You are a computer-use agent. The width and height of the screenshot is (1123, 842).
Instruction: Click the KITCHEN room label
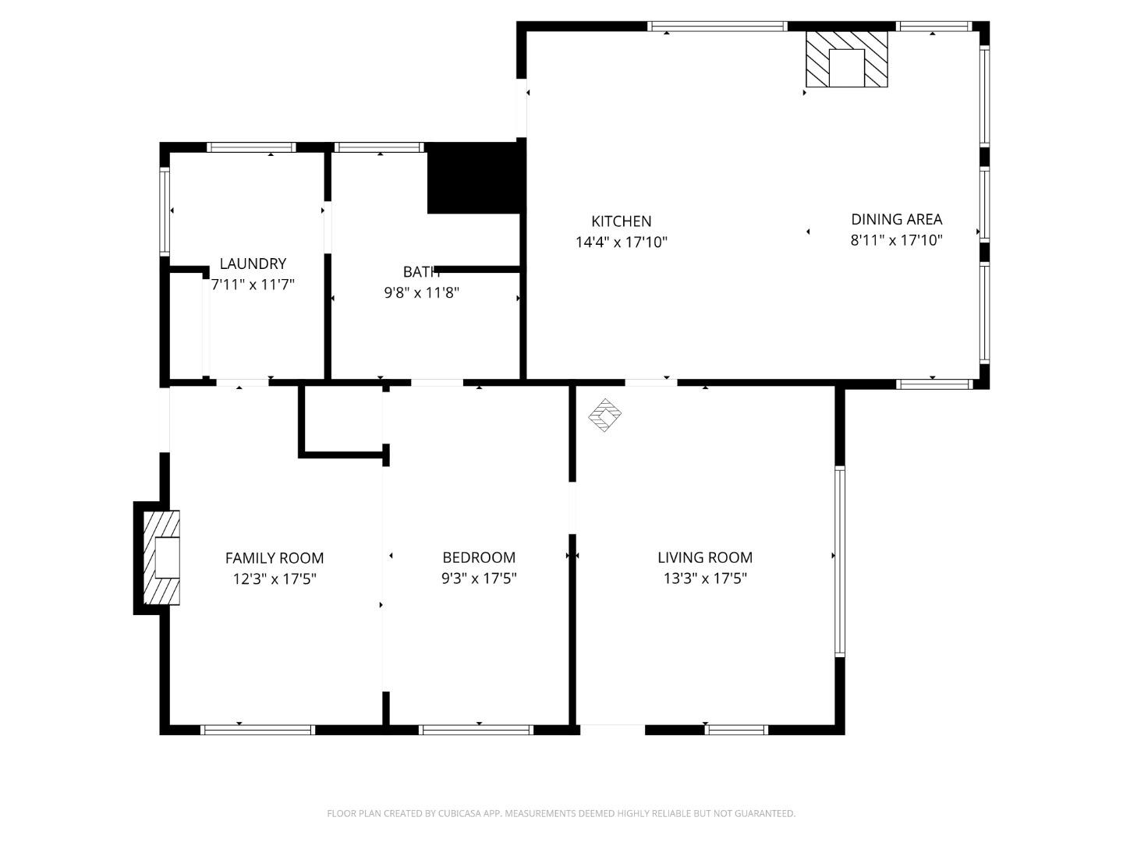point(621,221)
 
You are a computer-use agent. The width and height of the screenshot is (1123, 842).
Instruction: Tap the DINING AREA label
point(896,219)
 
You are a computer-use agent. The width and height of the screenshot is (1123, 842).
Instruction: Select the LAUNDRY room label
point(253,264)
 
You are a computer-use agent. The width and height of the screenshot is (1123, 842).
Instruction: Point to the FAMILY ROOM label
point(275,557)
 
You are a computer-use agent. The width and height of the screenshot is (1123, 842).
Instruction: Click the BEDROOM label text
point(479,557)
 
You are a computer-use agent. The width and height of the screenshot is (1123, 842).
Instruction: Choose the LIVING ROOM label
point(705,557)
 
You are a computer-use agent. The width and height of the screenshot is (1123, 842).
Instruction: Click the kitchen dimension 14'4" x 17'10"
point(621,242)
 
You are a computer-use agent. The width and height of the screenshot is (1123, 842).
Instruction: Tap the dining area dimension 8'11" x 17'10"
point(896,240)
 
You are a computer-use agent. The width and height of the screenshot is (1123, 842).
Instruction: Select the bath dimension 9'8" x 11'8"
point(421,293)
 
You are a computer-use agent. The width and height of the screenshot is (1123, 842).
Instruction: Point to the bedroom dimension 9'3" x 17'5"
point(479,578)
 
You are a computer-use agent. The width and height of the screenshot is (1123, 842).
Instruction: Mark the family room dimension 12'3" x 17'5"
point(275,578)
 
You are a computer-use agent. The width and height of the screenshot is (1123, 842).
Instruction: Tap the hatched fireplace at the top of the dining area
point(846,59)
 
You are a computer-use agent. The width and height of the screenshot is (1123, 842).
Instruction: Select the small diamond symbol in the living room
point(604,415)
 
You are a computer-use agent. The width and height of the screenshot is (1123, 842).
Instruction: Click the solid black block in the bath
point(473,179)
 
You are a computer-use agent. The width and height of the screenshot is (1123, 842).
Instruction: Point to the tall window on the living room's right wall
point(840,561)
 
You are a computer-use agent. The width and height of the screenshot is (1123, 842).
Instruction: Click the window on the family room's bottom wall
point(257,730)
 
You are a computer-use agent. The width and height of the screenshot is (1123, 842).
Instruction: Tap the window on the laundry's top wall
point(251,147)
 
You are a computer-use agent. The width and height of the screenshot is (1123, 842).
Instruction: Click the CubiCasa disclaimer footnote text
point(561,813)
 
